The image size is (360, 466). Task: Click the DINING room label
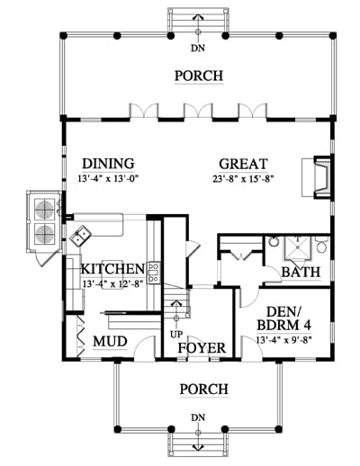(x=108, y=164)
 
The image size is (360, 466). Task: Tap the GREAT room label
(x=243, y=164)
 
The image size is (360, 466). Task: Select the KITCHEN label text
(x=113, y=269)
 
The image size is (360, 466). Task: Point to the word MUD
(x=110, y=342)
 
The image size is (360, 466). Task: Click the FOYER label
(x=202, y=348)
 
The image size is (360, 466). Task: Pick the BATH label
(x=301, y=273)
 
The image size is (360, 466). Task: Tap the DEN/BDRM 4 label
(x=284, y=318)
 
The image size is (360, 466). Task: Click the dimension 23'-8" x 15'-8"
(x=243, y=179)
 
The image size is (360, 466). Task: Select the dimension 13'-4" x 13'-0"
(x=109, y=179)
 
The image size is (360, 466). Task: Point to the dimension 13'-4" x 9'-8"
(x=284, y=340)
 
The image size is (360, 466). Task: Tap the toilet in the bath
(x=321, y=245)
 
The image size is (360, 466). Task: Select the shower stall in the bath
(x=298, y=247)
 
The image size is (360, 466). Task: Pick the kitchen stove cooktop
(x=154, y=273)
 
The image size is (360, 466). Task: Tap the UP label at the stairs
(x=176, y=334)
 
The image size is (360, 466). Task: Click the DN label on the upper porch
(x=198, y=48)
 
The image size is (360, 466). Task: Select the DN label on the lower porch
(x=198, y=417)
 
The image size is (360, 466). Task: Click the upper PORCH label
(x=199, y=76)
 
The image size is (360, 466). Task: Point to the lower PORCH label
(x=204, y=390)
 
